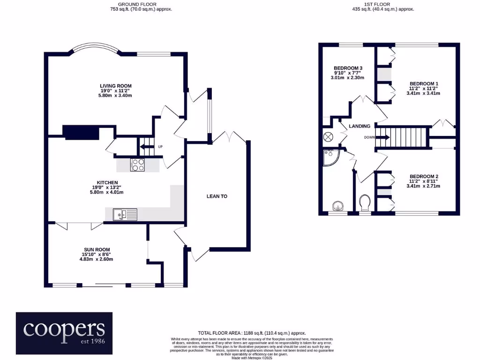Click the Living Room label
point(115,86)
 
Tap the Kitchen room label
point(107,182)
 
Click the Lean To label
point(217,196)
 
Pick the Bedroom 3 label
point(348,68)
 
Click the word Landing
point(360,126)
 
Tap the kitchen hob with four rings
point(138,165)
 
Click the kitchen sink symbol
point(125,215)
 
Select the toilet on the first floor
point(364,204)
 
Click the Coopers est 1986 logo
point(64,333)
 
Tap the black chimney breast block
point(81,133)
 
